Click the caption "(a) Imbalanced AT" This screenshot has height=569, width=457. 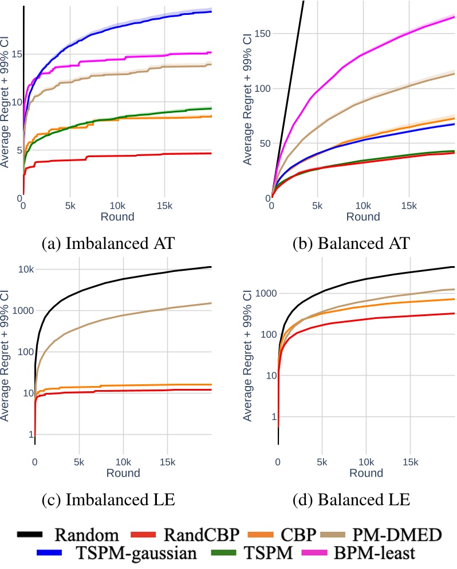pos(109,243)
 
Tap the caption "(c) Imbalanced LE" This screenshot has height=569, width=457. pos(109,500)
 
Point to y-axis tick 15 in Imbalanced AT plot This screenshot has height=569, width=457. pos(15,54)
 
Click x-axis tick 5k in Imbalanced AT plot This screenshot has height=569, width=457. pos(70,205)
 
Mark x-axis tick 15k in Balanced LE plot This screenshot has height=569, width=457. pos(410,462)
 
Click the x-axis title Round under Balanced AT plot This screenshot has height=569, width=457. pos(363,217)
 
